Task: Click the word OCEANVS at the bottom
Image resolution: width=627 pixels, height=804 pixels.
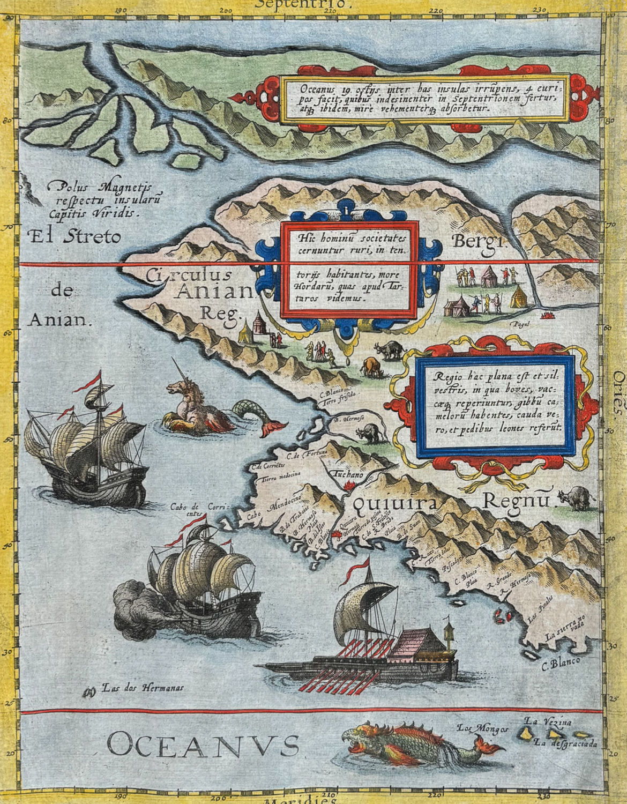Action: (x=203, y=746)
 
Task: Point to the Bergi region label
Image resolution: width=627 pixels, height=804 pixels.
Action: (x=478, y=241)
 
